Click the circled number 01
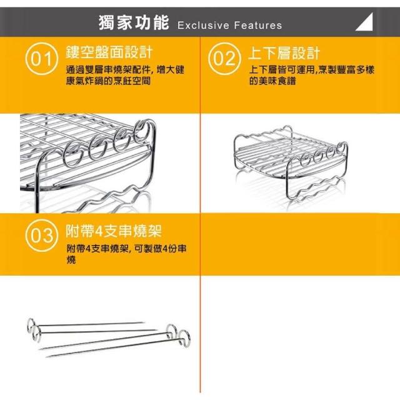[42, 59]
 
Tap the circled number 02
[224, 59]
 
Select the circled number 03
[42, 236]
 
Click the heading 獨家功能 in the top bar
[134, 22]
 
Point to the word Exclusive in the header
[203, 25]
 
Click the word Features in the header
[258, 25]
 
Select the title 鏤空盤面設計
[109, 52]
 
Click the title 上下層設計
[284, 53]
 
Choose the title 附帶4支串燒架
[114, 231]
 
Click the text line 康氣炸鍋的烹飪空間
[108, 81]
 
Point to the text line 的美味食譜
[272, 81]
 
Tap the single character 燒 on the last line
[71, 260]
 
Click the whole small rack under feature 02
[291, 162]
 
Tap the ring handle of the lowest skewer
[184, 337]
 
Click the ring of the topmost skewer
[31, 325]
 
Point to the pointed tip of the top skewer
[143, 322]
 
